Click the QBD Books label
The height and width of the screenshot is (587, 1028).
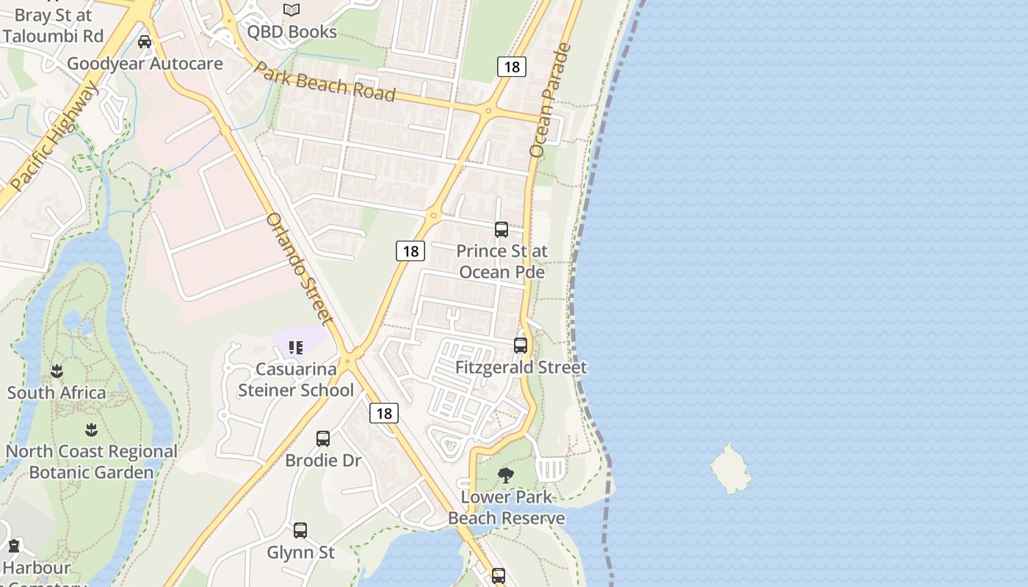[292, 32]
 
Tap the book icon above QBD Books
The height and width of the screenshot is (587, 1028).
[292, 10]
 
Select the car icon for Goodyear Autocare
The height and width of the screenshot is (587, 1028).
[145, 42]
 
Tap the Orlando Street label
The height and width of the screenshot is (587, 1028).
[300, 268]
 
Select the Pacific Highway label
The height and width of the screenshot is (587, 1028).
[54, 137]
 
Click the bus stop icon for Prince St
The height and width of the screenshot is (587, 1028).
[502, 230]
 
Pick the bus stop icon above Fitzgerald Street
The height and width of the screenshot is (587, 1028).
[521, 345]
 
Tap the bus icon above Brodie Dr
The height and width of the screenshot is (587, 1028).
[323, 439]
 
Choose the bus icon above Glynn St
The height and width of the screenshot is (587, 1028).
[300, 531]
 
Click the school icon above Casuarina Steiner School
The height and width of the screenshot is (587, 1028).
[296, 347]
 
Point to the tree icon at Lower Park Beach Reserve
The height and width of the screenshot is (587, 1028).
[505, 475]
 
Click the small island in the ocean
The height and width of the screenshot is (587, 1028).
[731, 468]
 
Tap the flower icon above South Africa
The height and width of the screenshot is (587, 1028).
[57, 371]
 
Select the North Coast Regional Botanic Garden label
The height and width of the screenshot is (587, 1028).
[92, 462]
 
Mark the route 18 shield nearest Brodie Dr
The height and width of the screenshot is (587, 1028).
[383, 413]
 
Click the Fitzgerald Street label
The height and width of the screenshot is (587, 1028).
[521, 368]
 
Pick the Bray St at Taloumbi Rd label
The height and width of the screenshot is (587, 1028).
[52, 25]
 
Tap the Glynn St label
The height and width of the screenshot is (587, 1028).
[300, 553]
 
